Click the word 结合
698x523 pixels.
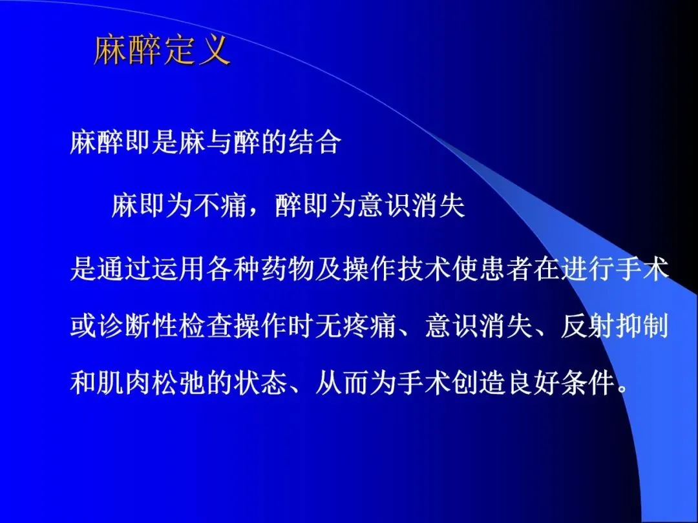[x=315, y=143]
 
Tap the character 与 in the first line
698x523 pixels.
[x=220, y=143]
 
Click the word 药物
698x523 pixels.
[x=288, y=269]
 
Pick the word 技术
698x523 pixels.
[x=424, y=269]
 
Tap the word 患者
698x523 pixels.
[x=506, y=269]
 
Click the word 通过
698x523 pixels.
[x=123, y=269]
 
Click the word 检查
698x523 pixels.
[x=206, y=327]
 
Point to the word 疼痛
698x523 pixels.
[x=370, y=327]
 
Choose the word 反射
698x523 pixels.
[x=587, y=327]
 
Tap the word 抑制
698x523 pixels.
[x=642, y=327]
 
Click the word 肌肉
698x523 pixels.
[x=123, y=382]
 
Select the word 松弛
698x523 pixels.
[x=178, y=382]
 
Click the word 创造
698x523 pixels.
[x=479, y=382]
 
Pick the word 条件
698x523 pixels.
[x=588, y=382]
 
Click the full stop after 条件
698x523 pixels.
[x=622, y=390]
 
